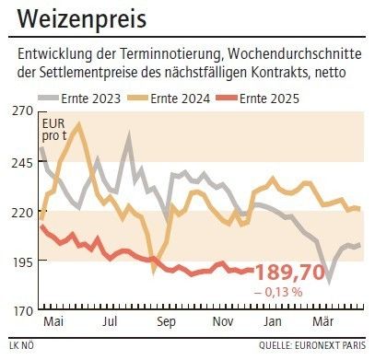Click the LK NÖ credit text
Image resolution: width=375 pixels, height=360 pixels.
(23, 347)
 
